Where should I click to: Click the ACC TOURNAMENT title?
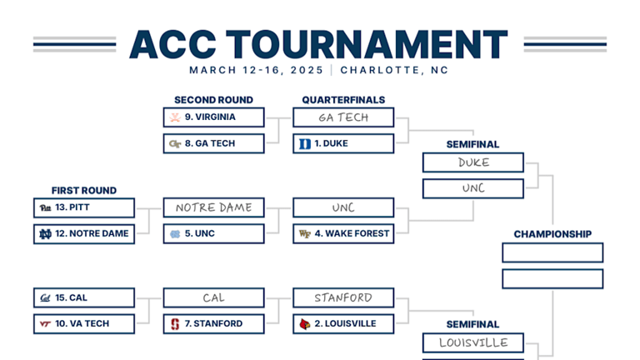(x=319, y=43)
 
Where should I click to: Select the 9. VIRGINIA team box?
(x=214, y=117)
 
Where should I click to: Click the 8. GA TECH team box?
(x=214, y=143)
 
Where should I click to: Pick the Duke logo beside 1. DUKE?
(x=305, y=143)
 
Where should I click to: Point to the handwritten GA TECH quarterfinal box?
(x=343, y=117)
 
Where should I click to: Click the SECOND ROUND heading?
(x=213, y=100)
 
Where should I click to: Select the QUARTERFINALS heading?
(x=343, y=100)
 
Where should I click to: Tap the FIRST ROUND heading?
(x=84, y=190)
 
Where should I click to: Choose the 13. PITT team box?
(x=84, y=207)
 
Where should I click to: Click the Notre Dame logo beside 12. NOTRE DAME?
(x=45, y=233)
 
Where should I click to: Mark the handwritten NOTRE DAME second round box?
(x=214, y=207)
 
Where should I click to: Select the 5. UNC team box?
(x=214, y=233)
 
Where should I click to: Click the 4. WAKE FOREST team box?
(x=343, y=233)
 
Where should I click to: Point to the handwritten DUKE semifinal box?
(x=473, y=162)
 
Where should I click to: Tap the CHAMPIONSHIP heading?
(x=552, y=234)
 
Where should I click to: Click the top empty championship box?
(x=552, y=252)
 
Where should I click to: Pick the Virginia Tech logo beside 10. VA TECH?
(x=45, y=323)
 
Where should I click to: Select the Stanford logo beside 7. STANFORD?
(x=175, y=323)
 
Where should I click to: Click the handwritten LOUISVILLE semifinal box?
(x=473, y=342)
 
